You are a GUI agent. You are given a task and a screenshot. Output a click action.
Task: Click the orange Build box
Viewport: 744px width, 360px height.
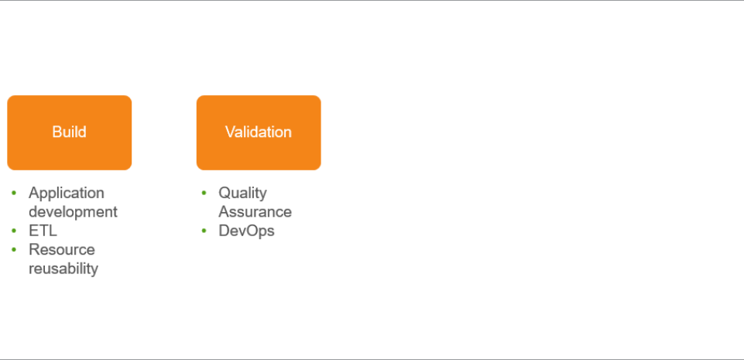pyautogui.click(x=69, y=132)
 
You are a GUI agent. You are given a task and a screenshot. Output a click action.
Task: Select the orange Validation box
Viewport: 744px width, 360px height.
pyautogui.click(x=259, y=132)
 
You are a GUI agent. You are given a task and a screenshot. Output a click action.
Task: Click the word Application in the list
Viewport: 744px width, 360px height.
pyautogui.click(x=67, y=194)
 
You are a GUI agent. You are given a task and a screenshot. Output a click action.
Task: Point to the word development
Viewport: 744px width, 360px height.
pyautogui.click(x=73, y=211)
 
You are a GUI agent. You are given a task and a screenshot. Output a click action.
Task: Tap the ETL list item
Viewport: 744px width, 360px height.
pyautogui.click(x=43, y=231)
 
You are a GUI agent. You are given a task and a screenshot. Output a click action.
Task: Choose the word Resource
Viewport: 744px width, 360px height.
pyautogui.click(x=62, y=249)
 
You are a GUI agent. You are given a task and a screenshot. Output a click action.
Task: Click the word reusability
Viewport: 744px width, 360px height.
pyautogui.click(x=63, y=269)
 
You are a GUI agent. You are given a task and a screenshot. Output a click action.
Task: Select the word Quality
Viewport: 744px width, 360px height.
pyautogui.click(x=242, y=194)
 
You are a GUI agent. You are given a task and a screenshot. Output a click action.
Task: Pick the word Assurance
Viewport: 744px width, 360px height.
pyautogui.click(x=255, y=211)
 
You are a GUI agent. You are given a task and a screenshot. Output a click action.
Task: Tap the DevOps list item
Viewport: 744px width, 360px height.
pyautogui.click(x=246, y=231)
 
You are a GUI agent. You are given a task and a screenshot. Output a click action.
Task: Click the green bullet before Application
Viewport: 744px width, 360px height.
pyautogui.click(x=14, y=193)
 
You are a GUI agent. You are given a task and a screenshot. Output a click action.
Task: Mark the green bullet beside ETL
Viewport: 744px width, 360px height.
pyautogui.click(x=14, y=231)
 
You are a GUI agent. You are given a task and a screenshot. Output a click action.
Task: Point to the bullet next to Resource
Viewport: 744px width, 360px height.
pyautogui.click(x=14, y=249)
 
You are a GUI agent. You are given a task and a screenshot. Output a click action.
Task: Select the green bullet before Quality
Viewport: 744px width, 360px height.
pyautogui.click(x=204, y=193)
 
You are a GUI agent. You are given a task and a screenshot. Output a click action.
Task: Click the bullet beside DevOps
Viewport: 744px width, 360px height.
pyautogui.click(x=204, y=231)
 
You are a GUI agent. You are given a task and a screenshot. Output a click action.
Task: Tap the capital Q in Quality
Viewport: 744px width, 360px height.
pyautogui.click(x=224, y=193)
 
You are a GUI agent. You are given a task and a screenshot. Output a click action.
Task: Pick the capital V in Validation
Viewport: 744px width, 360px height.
pyautogui.click(x=230, y=132)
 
